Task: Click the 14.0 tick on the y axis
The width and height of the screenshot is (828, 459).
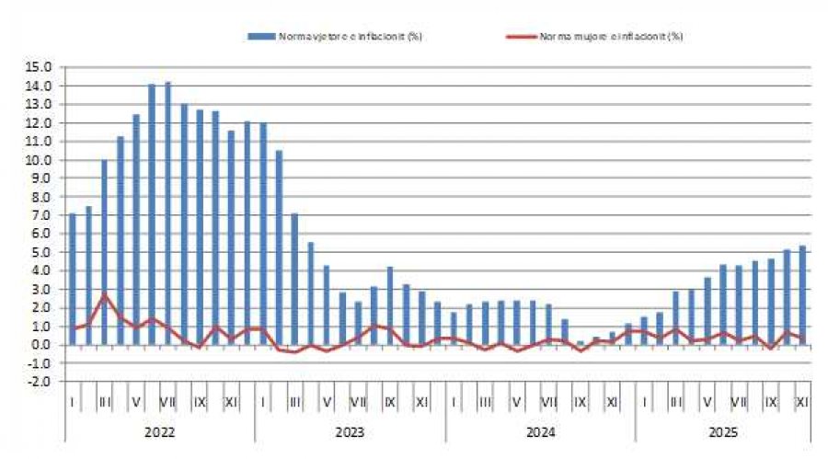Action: (x=40, y=86)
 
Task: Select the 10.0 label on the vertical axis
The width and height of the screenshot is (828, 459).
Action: (x=40, y=160)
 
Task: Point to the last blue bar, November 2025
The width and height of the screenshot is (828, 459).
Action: (x=802, y=295)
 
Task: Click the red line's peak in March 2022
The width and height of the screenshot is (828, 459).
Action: (x=105, y=294)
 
